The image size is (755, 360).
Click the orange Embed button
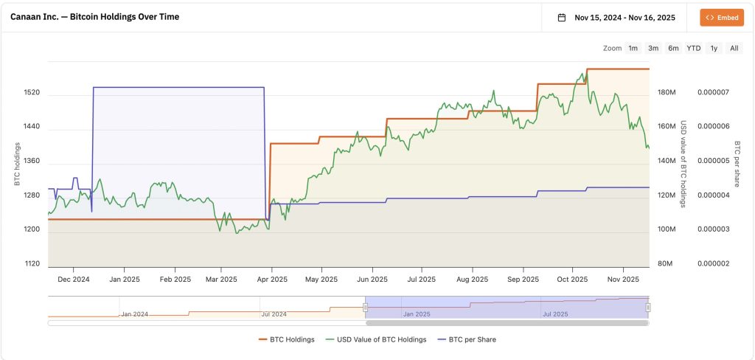(x=722, y=17)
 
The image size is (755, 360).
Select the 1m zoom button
(x=633, y=48)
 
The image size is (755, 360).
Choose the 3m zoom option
(x=653, y=48)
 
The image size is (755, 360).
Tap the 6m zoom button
(x=673, y=48)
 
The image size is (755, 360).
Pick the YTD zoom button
(x=694, y=48)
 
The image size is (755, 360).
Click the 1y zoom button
(x=714, y=48)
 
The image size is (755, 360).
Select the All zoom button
(x=734, y=48)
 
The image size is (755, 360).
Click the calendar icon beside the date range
(x=562, y=18)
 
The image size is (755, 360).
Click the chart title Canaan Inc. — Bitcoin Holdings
(x=94, y=16)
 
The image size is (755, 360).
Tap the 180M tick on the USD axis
(x=667, y=92)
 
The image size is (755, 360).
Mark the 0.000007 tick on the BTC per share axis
(x=713, y=92)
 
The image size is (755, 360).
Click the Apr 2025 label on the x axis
(x=273, y=280)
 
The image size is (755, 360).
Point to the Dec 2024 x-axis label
(x=73, y=280)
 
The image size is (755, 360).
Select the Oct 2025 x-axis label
(x=572, y=280)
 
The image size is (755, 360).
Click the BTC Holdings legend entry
(x=287, y=339)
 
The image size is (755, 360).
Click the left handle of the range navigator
(x=365, y=307)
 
